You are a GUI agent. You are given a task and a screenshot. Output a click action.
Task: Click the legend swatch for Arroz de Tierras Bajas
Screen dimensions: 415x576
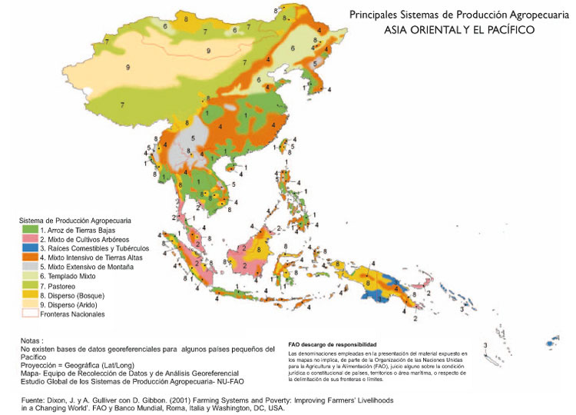click(30, 231)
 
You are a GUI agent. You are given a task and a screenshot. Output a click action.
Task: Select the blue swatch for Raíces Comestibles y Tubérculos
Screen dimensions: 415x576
click(30, 249)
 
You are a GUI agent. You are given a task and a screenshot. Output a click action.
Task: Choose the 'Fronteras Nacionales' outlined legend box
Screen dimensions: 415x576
click(30, 314)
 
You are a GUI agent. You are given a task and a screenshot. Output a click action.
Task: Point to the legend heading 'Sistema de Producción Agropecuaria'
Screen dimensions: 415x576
click(77, 221)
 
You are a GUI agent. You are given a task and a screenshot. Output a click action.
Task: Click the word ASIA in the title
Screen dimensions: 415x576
click(399, 30)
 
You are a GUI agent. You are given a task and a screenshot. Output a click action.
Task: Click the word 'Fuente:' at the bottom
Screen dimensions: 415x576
click(35, 400)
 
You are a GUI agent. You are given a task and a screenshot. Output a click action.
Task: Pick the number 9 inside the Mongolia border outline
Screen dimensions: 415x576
click(207, 51)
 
